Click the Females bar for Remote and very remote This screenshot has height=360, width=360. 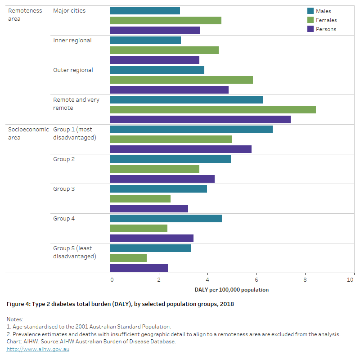[x=212, y=109]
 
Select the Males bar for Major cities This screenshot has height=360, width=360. [x=144, y=10]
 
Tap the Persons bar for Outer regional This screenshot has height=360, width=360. [x=169, y=90]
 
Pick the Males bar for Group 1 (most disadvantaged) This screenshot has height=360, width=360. [x=191, y=129]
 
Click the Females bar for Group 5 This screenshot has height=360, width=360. [x=128, y=258]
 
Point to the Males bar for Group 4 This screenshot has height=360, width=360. [x=166, y=218]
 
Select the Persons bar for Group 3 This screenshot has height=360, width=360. [x=148, y=208]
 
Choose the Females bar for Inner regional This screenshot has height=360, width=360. [x=164, y=50]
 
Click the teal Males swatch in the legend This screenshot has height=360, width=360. [x=310, y=11]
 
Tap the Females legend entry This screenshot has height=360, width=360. [x=326, y=20]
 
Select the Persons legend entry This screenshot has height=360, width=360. [x=326, y=29]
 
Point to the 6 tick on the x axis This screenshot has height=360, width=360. [x=256, y=279]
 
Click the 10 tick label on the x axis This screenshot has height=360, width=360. [x=351, y=279]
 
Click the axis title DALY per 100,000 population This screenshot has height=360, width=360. [x=232, y=290]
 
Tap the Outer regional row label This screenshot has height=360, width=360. [x=73, y=70]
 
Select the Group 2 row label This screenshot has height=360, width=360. [x=64, y=159]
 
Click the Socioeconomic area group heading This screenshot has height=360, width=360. [x=28, y=133]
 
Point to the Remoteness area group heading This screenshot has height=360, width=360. [x=25, y=14]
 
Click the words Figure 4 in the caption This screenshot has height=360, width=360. [x=18, y=304]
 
